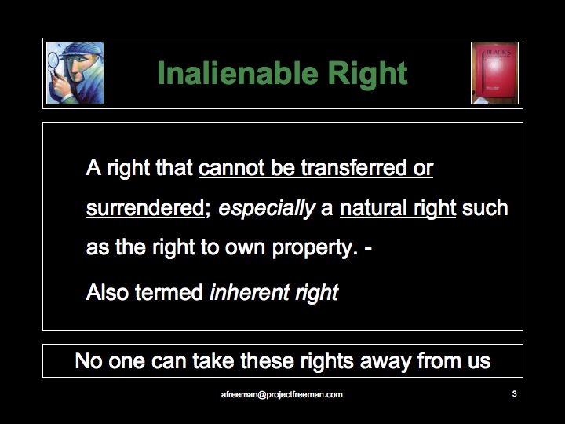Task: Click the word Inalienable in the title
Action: point(238,73)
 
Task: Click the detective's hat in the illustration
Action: point(82,50)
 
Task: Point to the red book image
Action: point(494,73)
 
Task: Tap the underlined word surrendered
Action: point(146,208)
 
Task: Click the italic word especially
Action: point(267,209)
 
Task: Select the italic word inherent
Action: point(250,291)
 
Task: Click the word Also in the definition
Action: point(108,291)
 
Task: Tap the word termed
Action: point(169,291)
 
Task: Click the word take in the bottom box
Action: point(213,360)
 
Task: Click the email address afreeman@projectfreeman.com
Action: point(282,394)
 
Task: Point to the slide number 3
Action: point(514,393)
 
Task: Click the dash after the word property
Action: point(368,250)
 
